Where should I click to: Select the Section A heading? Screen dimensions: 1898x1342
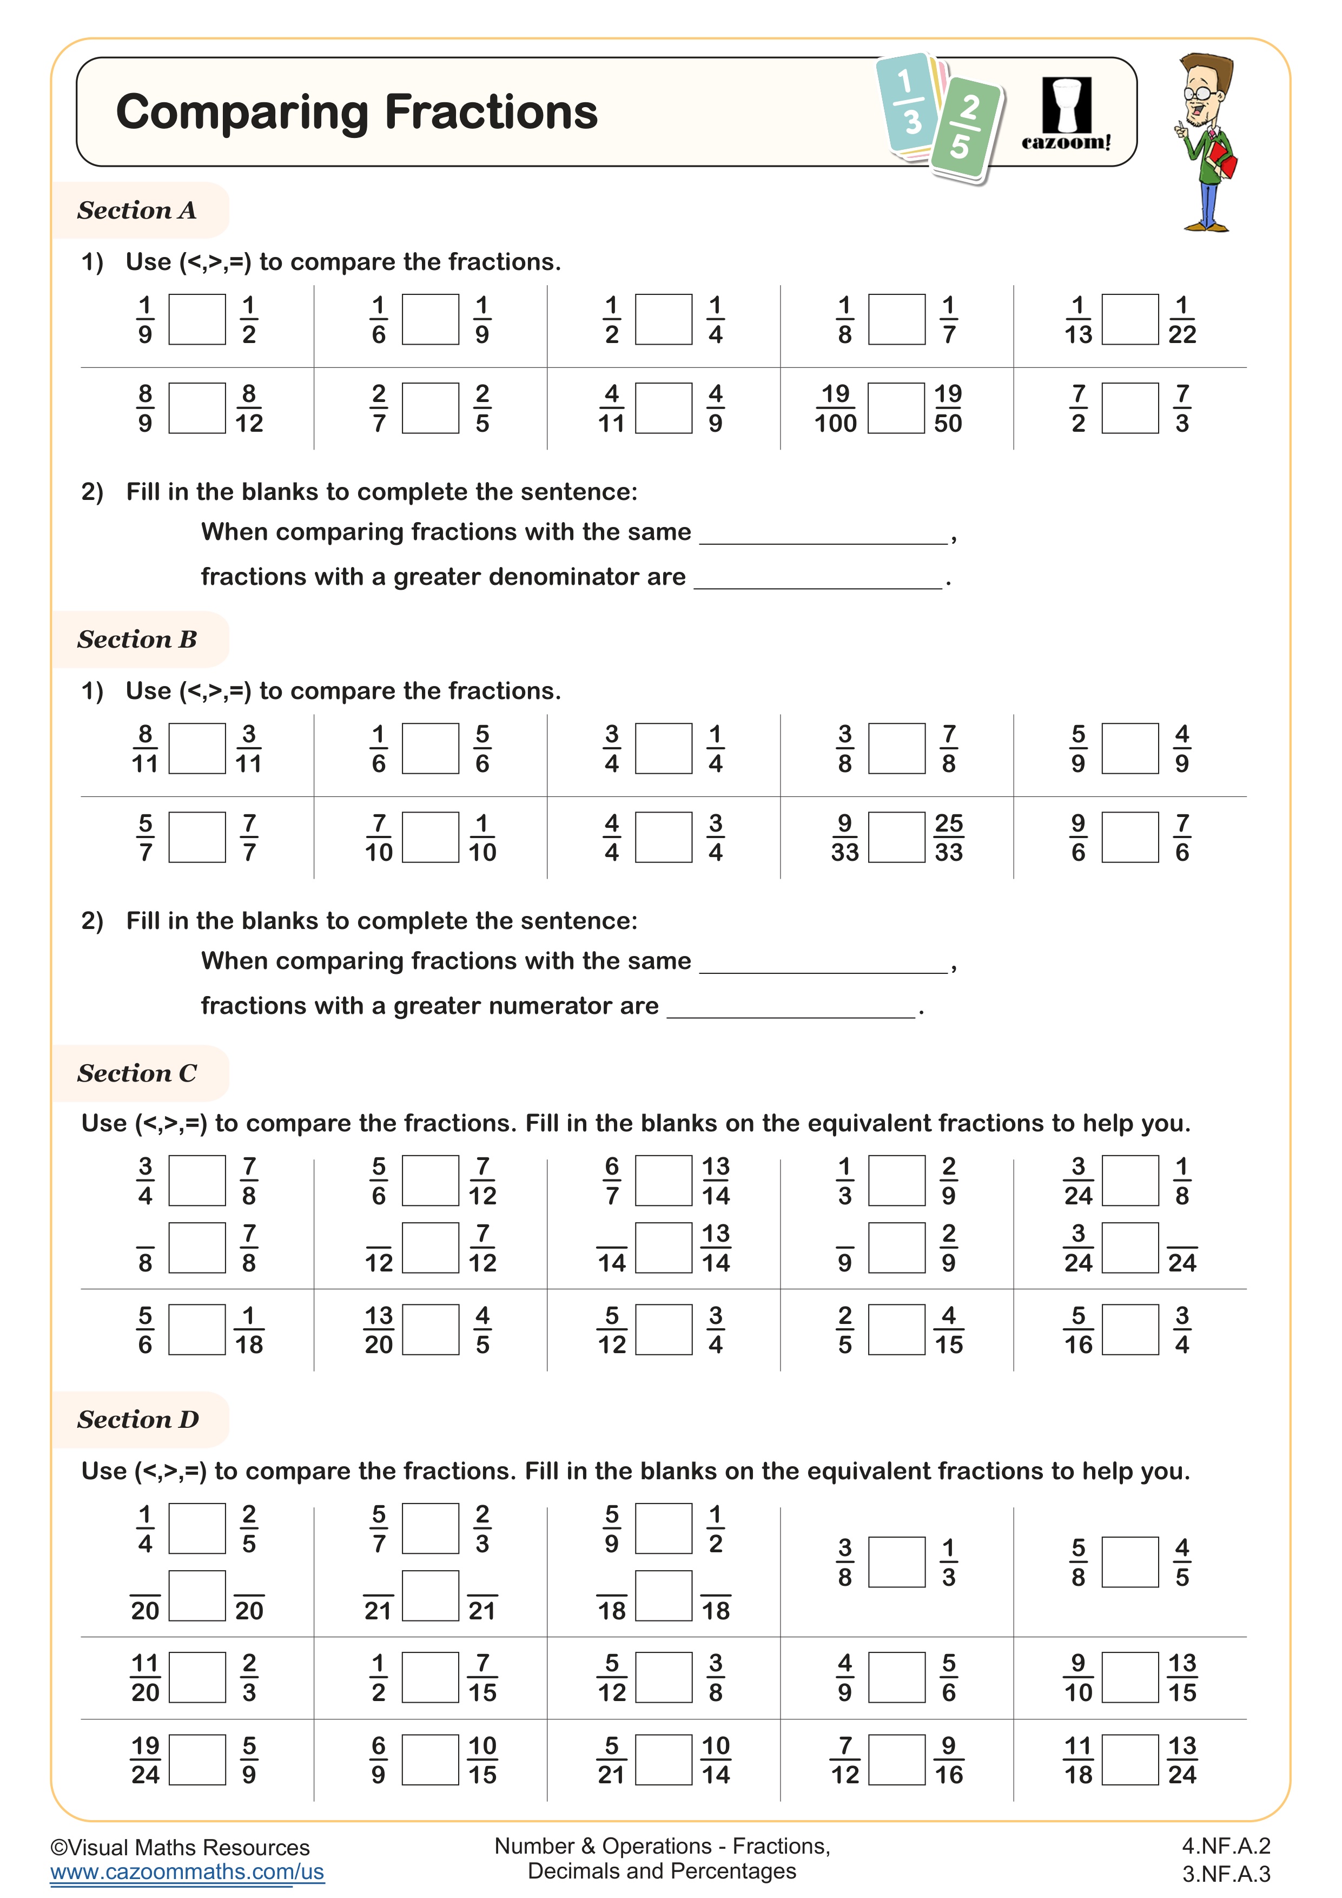(137, 210)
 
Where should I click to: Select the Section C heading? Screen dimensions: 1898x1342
(137, 1073)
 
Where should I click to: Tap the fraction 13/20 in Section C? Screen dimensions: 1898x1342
(379, 1330)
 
